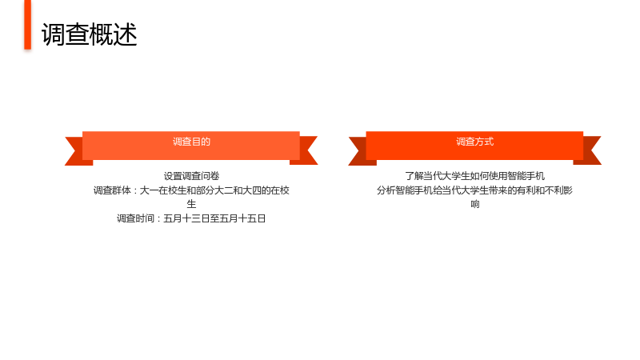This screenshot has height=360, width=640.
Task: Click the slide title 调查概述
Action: click(x=89, y=34)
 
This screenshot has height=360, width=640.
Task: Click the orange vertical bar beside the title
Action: click(x=28, y=25)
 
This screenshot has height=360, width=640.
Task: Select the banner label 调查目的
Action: click(x=191, y=142)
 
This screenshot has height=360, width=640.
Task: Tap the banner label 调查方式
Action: click(x=474, y=142)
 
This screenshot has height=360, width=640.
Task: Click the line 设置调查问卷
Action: click(x=191, y=176)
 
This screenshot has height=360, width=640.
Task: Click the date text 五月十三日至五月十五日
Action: click(x=214, y=218)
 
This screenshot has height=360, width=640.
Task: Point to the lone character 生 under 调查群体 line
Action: click(x=191, y=204)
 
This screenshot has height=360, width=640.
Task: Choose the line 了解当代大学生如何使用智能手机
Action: click(x=474, y=176)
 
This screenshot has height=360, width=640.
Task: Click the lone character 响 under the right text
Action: click(x=474, y=204)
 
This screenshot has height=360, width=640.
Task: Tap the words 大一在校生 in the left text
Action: click(x=163, y=190)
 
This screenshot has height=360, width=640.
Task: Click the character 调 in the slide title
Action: click(x=53, y=34)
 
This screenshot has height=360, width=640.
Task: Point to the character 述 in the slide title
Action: click(x=126, y=34)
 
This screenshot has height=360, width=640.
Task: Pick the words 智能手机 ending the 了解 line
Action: click(x=526, y=176)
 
